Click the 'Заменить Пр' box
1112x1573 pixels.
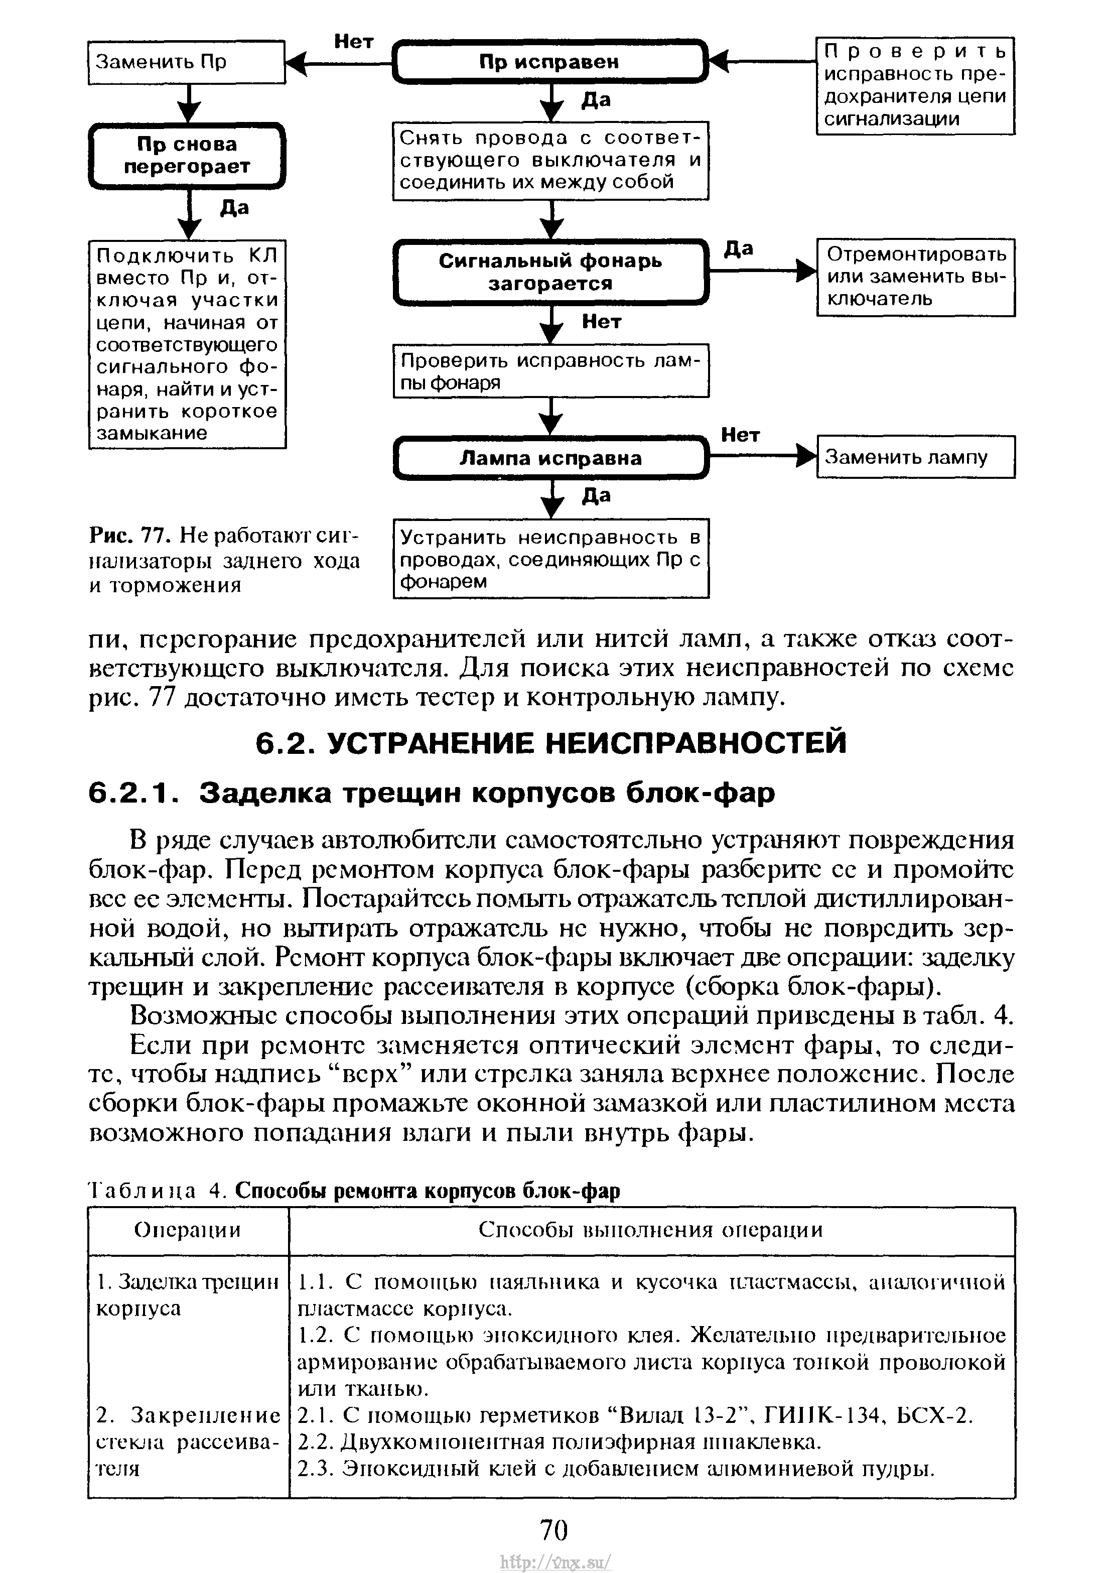(186, 62)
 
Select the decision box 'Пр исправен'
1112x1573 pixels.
(550, 62)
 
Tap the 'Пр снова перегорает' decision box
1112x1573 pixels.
(186, 156)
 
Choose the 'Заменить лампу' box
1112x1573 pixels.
(915, 457)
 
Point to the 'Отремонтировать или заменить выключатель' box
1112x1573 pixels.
(915, 277)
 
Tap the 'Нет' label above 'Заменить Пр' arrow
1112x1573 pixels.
(354, 42)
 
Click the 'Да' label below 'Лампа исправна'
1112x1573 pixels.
(596, 496)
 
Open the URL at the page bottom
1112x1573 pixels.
(555, 1560)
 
